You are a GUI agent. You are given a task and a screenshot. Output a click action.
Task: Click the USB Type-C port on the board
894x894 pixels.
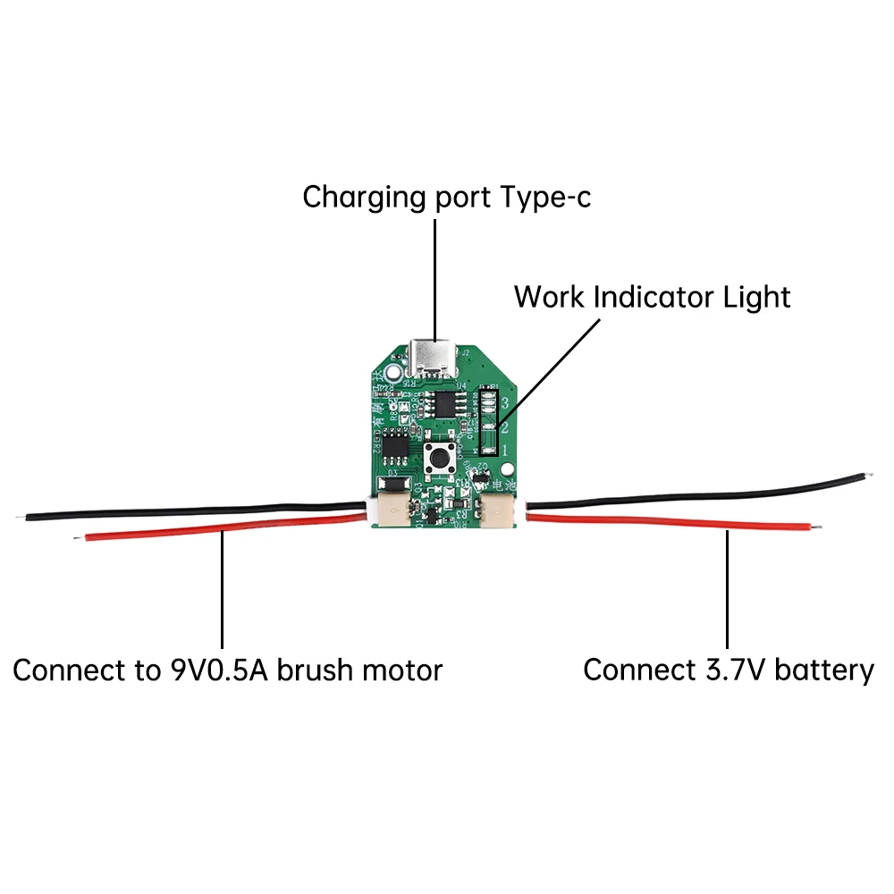coord(434,358)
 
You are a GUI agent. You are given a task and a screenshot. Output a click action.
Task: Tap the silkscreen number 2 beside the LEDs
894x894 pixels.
coord(505,426)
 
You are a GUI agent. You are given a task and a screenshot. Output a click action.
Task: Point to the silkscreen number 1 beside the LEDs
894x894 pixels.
coord(505,450)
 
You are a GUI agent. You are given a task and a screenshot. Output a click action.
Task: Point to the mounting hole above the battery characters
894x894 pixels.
coord(507,468)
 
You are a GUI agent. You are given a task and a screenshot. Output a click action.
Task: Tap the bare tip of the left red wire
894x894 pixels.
coord(79,537)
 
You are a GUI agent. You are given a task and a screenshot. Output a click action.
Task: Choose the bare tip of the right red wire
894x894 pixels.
coord(815,528)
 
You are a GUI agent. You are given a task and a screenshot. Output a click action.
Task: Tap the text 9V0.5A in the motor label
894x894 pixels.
coord(218,670)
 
